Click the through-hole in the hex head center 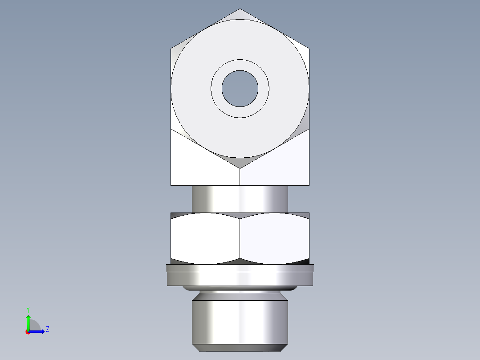[x=240, y=89]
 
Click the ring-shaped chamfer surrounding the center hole [x=240, y=112]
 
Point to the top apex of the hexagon [x=240, y=10]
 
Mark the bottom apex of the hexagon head [x=240, y=168]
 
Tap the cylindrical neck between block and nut [x=240, y=199]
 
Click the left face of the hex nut [x=205, y=237]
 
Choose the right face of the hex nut [x=274, y=237]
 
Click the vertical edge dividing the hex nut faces [x=240, y=238]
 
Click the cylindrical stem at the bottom [x=240, y=321]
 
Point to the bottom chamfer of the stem [x=240, y=348]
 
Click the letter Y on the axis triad [x=28, y=309]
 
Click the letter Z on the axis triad [x=47, y=330]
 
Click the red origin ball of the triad [x=28, y=332]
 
